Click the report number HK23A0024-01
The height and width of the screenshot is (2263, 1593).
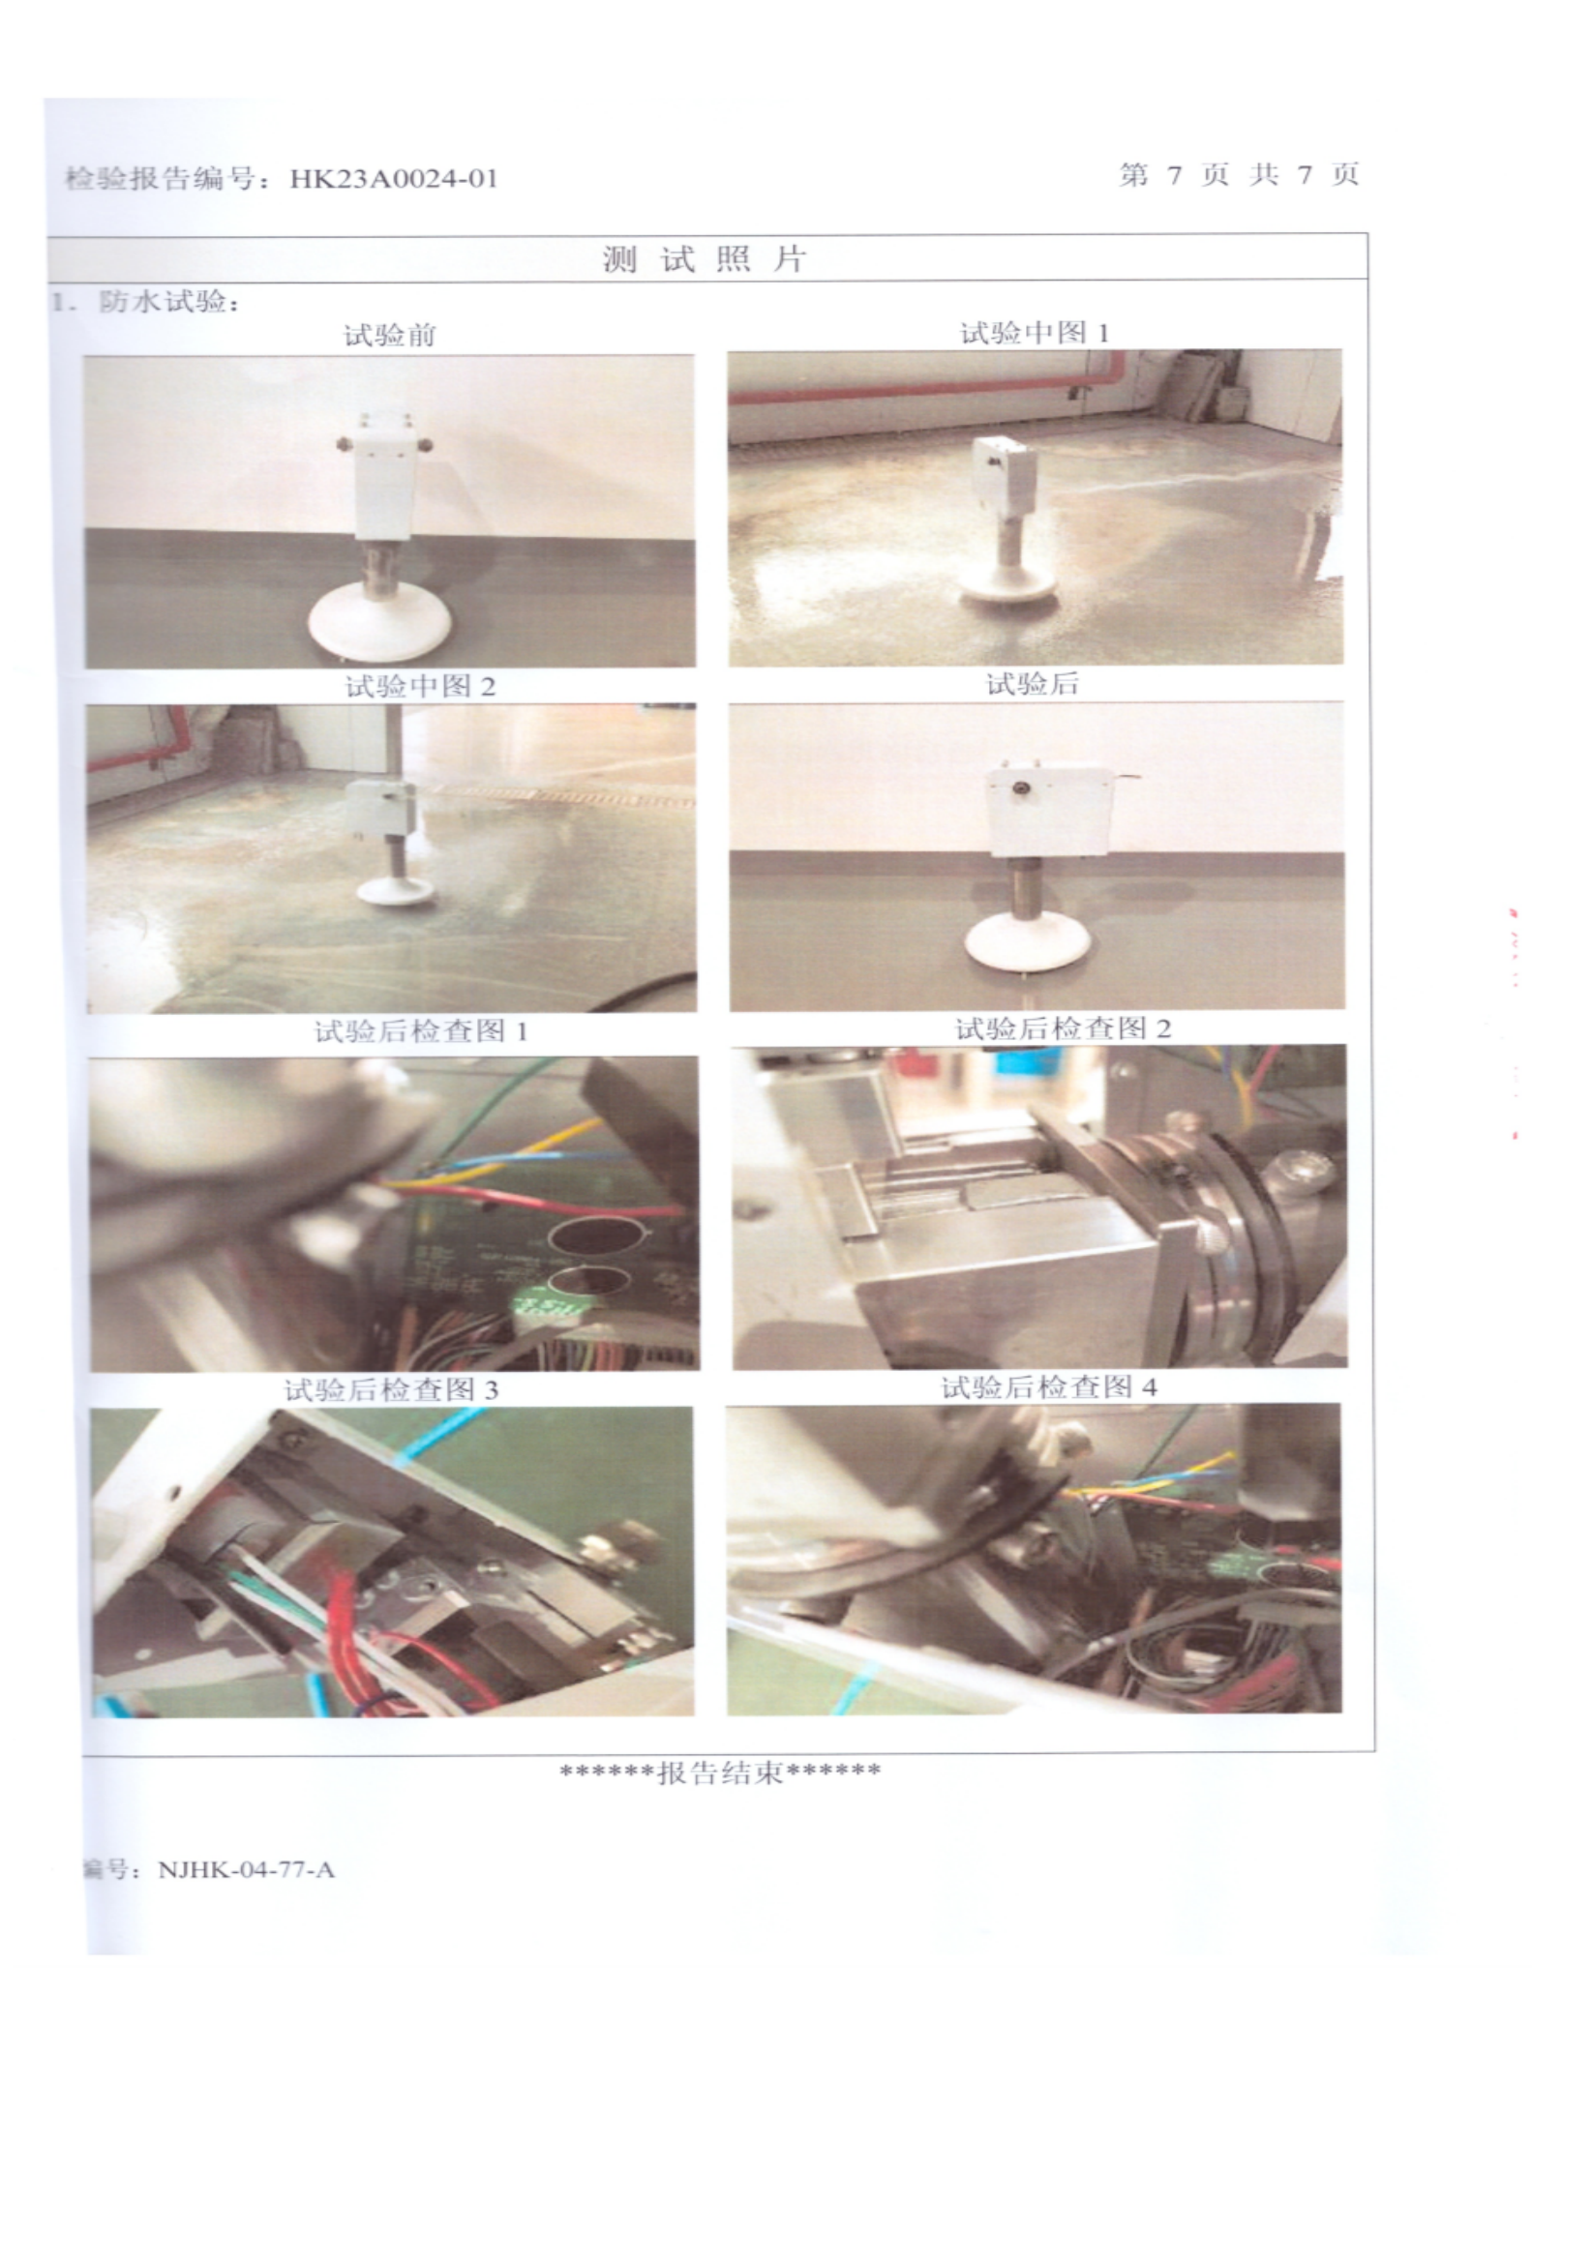(393, 179)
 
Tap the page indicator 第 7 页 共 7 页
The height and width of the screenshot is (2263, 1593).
(1239, 175)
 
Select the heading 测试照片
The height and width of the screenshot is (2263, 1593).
(706, 259)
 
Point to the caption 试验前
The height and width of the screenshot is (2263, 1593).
(389, 335)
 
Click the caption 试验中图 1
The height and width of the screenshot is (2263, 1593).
(1035, 333)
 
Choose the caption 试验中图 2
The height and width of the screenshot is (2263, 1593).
(420, 686)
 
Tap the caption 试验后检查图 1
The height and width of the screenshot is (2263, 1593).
(421, 1032)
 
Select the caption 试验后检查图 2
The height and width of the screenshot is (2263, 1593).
(1063, 1029)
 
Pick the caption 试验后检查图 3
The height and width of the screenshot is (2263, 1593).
(391, 1390)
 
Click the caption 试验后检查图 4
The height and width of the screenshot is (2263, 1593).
(1049, 1387)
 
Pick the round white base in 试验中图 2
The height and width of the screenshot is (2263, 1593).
(395, 890)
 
